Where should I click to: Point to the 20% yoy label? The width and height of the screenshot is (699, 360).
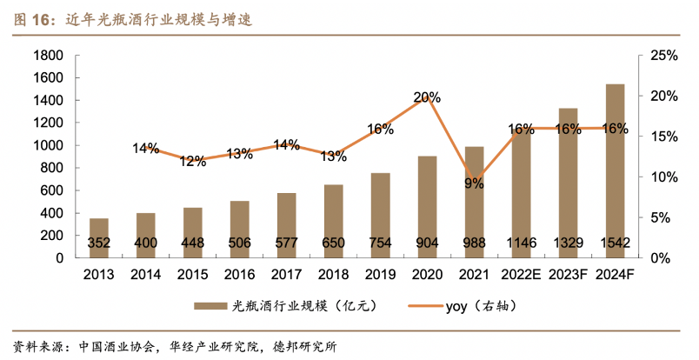[427, 97]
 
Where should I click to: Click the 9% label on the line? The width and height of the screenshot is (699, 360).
[474, 183]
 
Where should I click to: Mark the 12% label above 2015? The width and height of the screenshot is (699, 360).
[192, 160]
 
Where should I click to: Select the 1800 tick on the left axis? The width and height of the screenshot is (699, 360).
[49, 56]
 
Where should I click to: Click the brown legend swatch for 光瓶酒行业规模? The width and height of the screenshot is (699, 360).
[209, 306]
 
